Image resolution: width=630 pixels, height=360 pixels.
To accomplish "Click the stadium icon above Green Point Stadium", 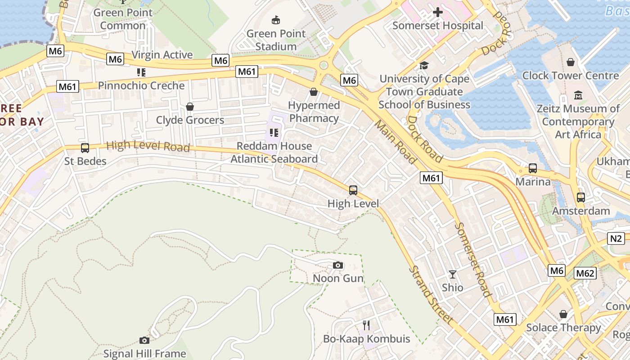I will click(276, 20).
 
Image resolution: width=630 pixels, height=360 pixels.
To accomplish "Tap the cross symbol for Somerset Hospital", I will click(437, 12).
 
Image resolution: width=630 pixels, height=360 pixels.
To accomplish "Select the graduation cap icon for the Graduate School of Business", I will click(424, 66).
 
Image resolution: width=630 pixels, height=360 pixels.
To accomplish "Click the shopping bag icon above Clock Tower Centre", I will click(571, 62).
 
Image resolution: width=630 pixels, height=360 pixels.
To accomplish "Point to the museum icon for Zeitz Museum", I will click(578, 95).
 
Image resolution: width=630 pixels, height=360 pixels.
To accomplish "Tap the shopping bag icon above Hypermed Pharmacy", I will click(314, 92).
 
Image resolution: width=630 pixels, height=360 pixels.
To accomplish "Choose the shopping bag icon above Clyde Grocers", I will click(190, 107).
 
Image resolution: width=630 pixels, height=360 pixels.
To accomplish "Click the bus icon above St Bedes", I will click(85, 148).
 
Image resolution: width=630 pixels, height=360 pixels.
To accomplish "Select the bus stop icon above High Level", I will click(353, 190).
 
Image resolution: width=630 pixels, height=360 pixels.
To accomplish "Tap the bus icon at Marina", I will click(533, 169).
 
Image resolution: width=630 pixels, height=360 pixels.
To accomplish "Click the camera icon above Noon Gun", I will click(338, 265).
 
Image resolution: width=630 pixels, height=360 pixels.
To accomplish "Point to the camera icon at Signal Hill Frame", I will click(144, 340).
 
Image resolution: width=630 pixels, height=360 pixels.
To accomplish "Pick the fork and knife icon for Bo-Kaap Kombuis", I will click(366, 325).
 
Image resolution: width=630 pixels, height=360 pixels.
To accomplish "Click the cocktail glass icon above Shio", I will click(453, 274).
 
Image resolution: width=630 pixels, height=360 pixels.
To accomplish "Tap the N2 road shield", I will click(616, 238).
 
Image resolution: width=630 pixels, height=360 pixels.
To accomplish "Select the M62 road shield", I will click(585, 273).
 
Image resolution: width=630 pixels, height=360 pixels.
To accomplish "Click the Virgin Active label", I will click(162, 55).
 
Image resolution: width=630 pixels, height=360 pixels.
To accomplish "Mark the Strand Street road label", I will click(430, 295).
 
